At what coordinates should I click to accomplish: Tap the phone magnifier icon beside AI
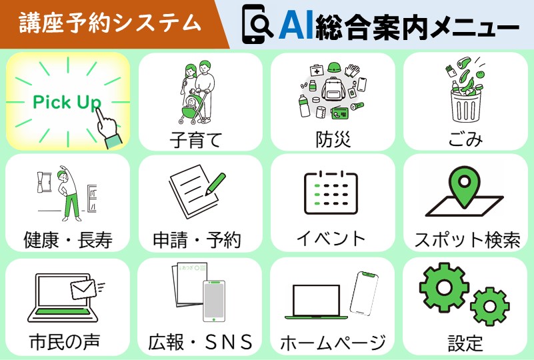point(257,24)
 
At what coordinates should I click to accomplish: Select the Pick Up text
point(67,102)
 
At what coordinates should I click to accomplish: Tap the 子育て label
point(195,139)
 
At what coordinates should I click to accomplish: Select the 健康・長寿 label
point(67,239)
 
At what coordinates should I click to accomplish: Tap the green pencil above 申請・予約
point(215,183)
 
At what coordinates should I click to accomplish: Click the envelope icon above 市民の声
point(84,289)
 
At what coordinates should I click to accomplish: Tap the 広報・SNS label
point(200,342)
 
